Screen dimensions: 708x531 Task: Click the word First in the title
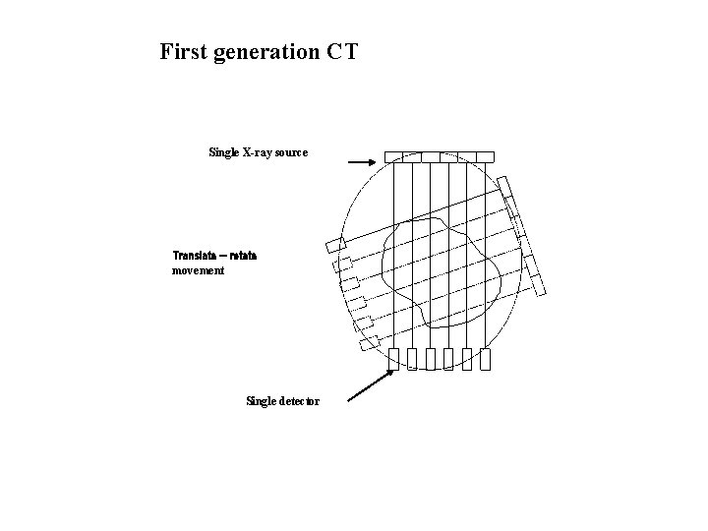[183, 51]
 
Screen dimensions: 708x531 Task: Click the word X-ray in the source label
[258, 152]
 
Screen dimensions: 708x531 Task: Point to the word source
[292, 152]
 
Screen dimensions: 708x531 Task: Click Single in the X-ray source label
[223, 152]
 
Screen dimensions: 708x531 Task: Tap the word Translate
[197, 256]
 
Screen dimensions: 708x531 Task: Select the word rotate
[244, 256]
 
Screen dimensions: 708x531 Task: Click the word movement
[199, 269]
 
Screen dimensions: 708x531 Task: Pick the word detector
[298, 400]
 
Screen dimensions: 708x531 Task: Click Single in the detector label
[260, 400]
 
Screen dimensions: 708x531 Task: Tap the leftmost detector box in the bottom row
[393, 359]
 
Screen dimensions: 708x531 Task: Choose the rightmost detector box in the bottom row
[484, 359]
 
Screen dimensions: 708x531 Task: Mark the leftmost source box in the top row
[393, 156]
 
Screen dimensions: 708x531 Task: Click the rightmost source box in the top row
[484, 156]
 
